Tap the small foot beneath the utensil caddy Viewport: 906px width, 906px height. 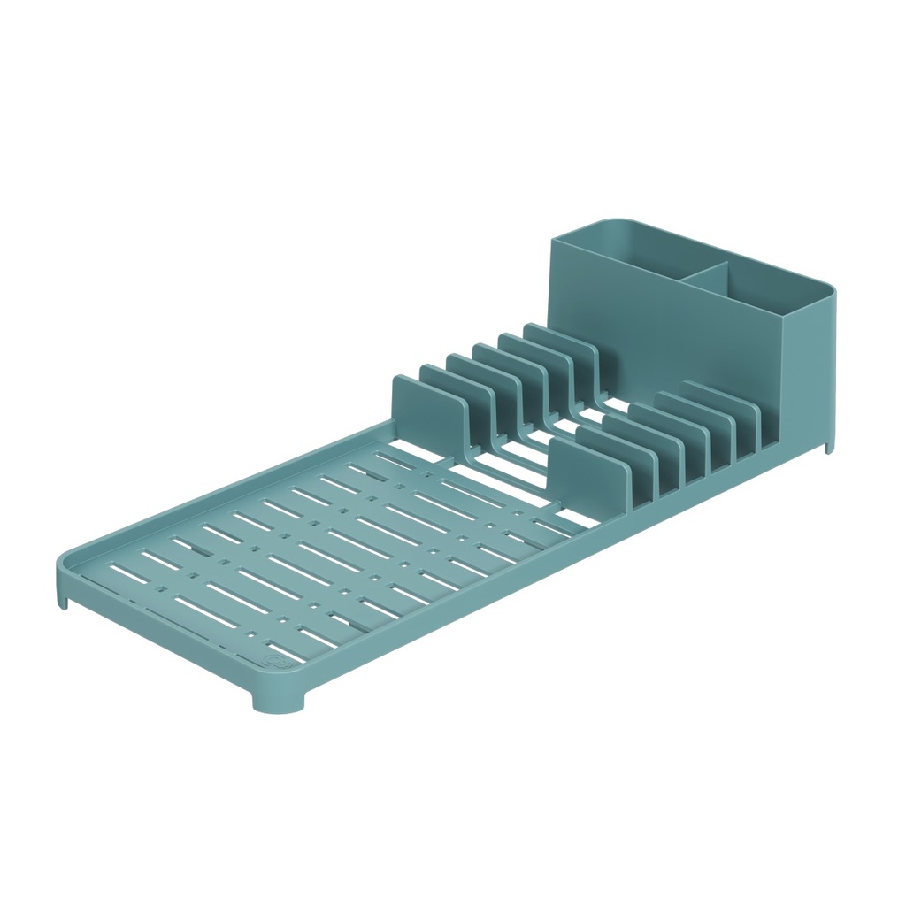tap(829, 445)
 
